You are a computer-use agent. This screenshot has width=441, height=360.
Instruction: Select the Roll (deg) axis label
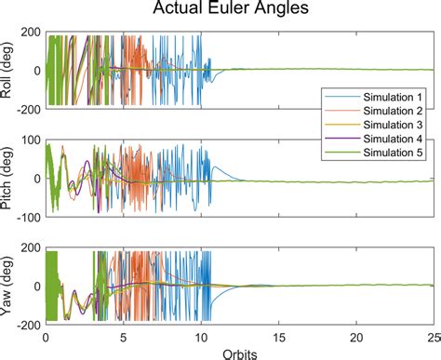coord(9,70)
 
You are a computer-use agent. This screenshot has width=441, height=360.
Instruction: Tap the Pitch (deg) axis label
coord(9,179)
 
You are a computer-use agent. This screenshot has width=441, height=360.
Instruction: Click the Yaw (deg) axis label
coord(9,286)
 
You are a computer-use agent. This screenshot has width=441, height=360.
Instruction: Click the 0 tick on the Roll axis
coord(38,71)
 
